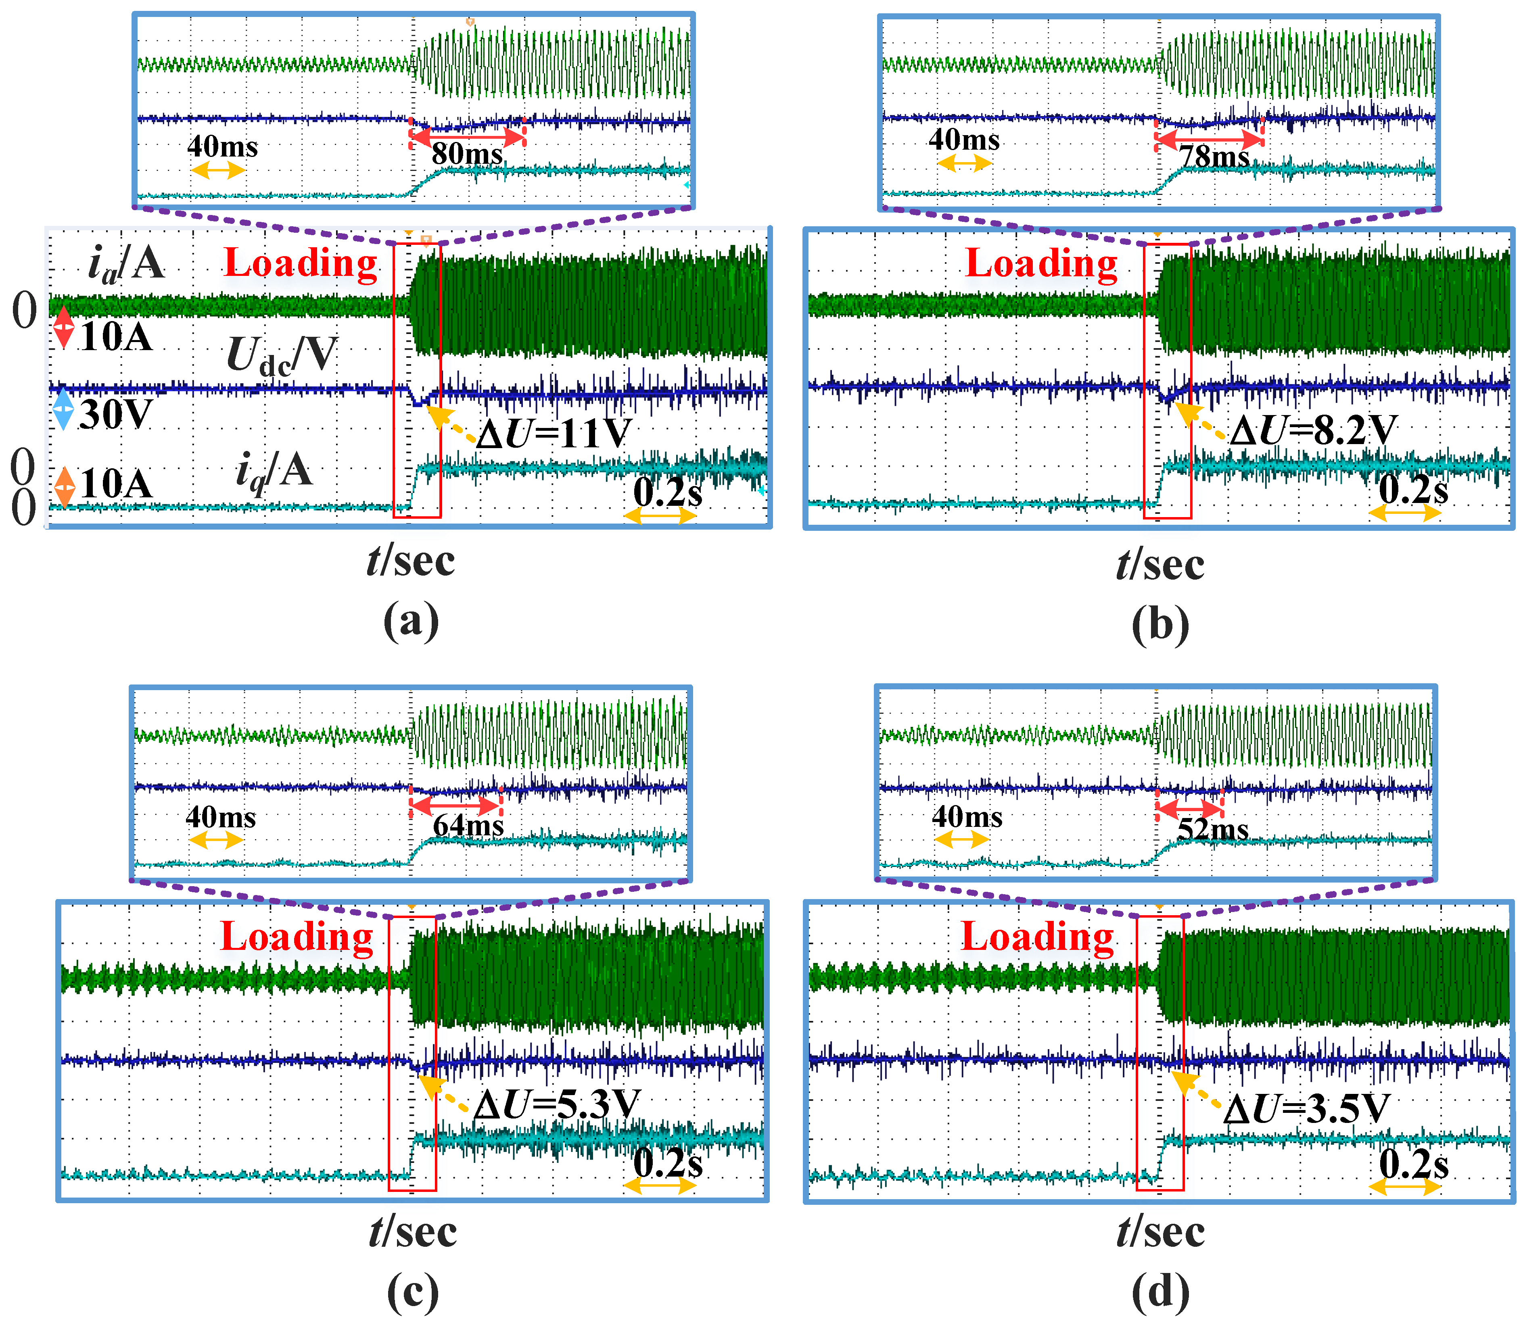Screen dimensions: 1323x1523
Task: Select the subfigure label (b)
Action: [1160, 624]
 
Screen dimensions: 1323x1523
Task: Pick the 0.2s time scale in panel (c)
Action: [667, 1164]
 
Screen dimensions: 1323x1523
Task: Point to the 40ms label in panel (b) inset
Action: [964, 140]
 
